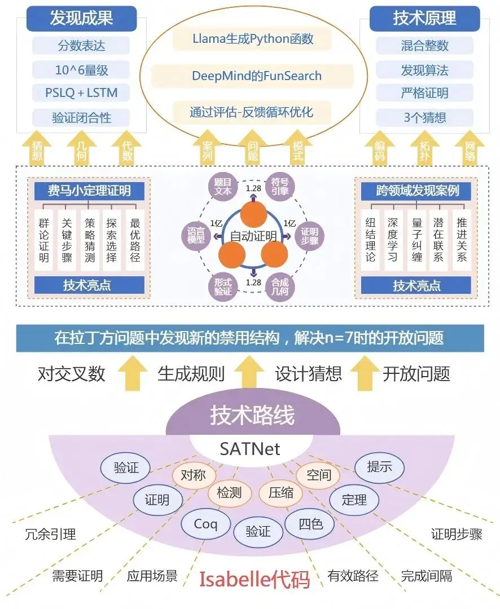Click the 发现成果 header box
pyautogui.click(x=81, y=18)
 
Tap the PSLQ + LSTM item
pyautogui.click(x=81, y=93)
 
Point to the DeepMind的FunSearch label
pyautogui.click(x=248, y=76)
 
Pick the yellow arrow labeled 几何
pyautogui.click(x=82, y=151)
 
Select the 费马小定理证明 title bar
pyautogui.click(x=90, y=191)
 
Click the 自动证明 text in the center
pyautogui.click(x=249, y=236)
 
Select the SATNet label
pyautogui.click(x=249, y=449)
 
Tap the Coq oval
pyautogui.click(x=205, y=524)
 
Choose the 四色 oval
pyautogui.click(x=311, y=524)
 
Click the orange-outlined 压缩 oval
pyautogui.click(x=281, y=492)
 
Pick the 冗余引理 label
pyautogui.click(x=51, y=533)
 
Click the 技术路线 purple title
pyautogui.click(x=252, y=417)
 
